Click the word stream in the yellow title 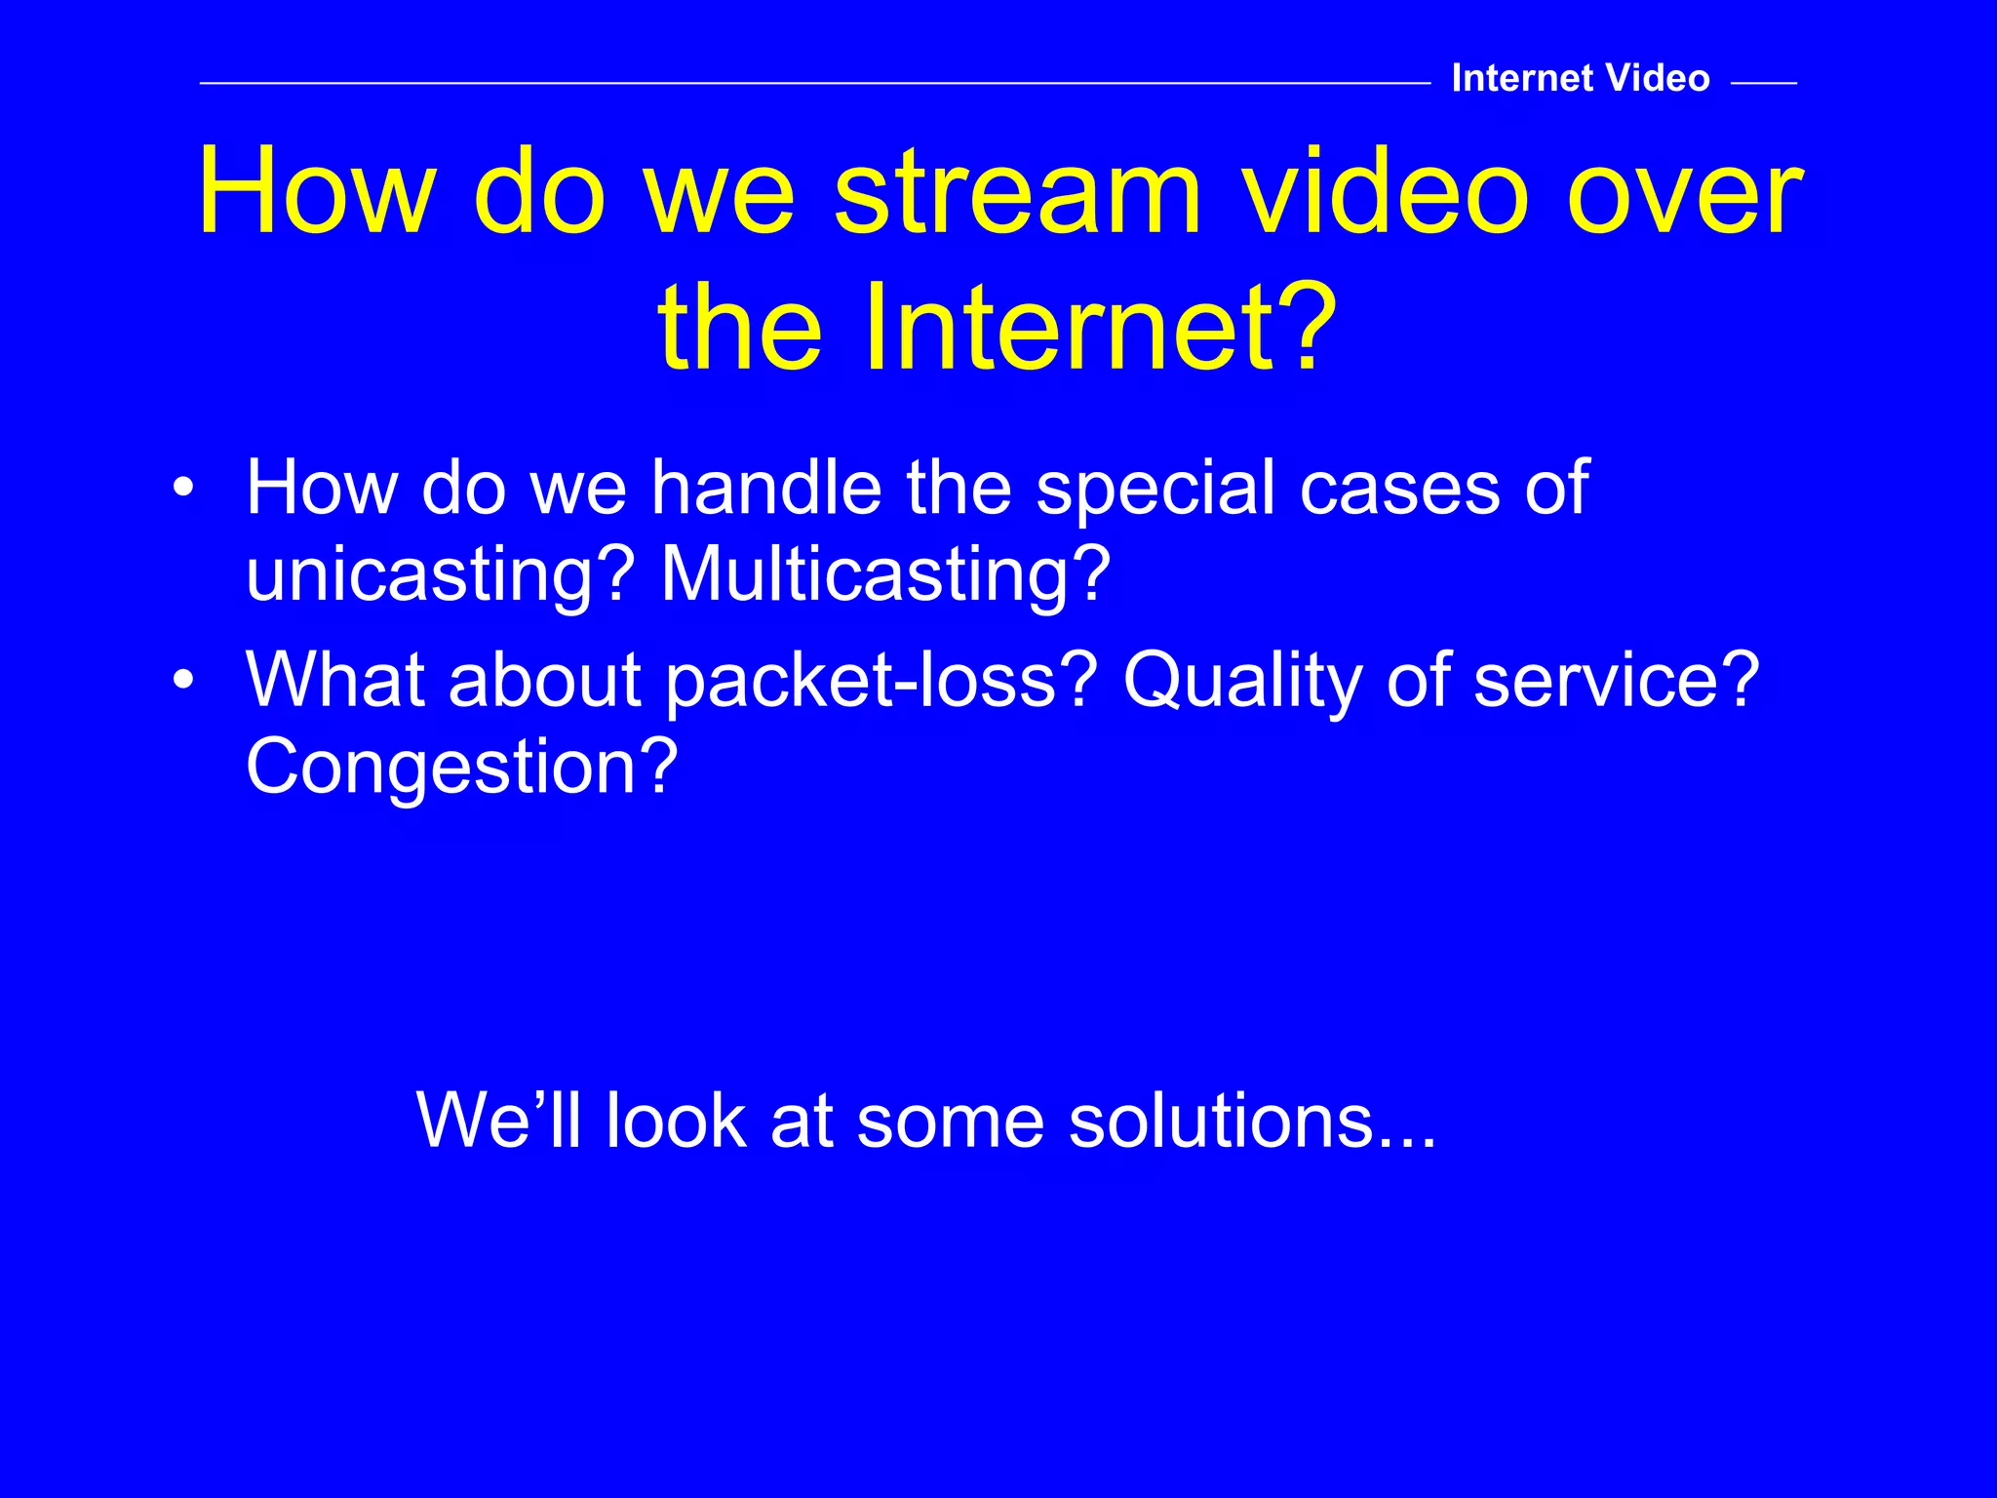[1018, 192]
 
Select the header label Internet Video [1580, 78]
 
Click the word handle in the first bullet [765, 487]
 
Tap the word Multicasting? [885, 575]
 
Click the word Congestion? [461, 768]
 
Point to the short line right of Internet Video [1763, 84]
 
